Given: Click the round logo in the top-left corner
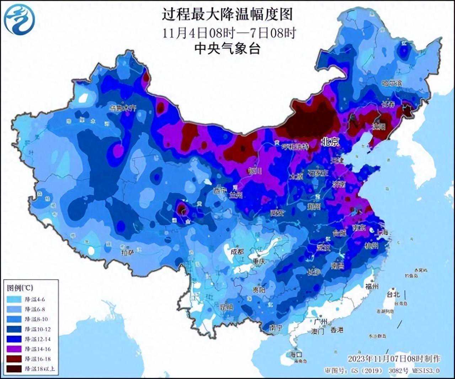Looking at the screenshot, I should [x=20, y=20].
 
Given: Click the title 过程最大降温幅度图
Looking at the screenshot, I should [x=227, y=15].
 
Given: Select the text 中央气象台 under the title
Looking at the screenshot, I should [x=227, y=48].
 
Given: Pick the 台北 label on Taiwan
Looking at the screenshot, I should [x=393, y=294].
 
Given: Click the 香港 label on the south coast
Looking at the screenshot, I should [x=337, y=330].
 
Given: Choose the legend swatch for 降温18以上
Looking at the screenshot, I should [x=14, y=369].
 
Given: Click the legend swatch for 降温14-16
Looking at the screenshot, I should [x=14, y=349].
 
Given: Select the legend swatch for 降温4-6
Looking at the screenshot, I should [x=14, y=299].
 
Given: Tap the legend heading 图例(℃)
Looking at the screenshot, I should [x=20, y=288].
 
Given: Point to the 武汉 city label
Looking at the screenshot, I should [x=323, y=247].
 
